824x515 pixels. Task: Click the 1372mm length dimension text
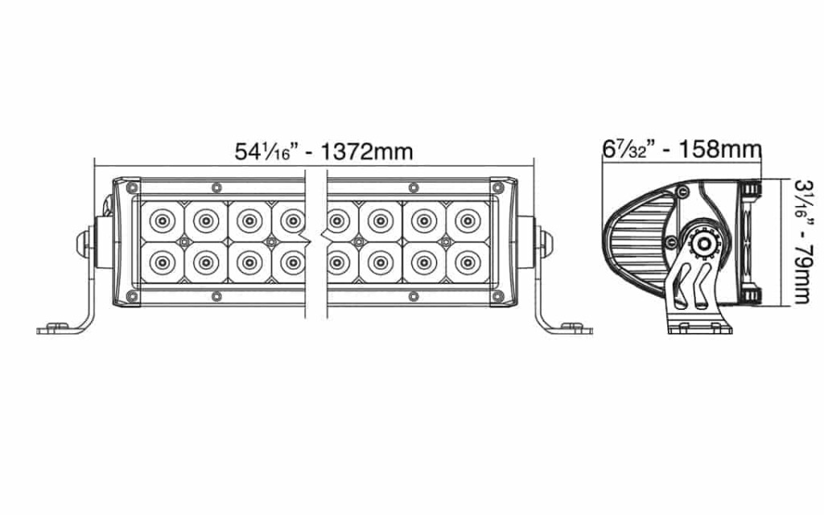click(366, 152)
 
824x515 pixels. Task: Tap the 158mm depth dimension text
click(720, 149)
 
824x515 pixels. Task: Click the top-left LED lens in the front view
click(163, 220)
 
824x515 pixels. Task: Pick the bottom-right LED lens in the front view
click(468, 262)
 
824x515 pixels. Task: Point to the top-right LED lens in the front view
click(468, 220)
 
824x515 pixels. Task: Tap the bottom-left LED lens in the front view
click(163, 262)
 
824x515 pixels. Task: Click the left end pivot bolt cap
click(83, 243)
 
